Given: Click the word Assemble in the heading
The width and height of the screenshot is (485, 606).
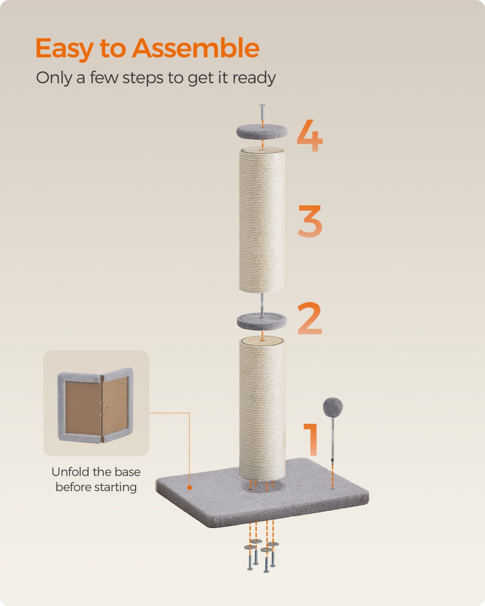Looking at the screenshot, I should click(196, 48).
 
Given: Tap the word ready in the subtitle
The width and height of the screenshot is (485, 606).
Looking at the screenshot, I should click(254, 78).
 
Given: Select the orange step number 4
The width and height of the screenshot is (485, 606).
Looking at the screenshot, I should click(310, 136).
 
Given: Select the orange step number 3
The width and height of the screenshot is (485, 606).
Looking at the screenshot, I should click(310, 221).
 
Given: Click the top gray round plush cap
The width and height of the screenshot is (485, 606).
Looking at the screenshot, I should click(262, 131).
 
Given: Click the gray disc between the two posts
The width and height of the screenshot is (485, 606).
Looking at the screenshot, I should click(261, 322).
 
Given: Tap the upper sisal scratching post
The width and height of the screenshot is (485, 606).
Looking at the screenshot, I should click(262, 220).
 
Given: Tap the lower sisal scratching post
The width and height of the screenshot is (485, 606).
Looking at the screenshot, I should click(262, 408).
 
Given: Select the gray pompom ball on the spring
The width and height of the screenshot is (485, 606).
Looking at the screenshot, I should click(333, 406).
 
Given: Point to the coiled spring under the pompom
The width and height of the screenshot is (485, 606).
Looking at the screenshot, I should click(333, 432).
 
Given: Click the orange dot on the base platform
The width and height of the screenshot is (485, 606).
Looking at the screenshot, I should click(190, 488).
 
